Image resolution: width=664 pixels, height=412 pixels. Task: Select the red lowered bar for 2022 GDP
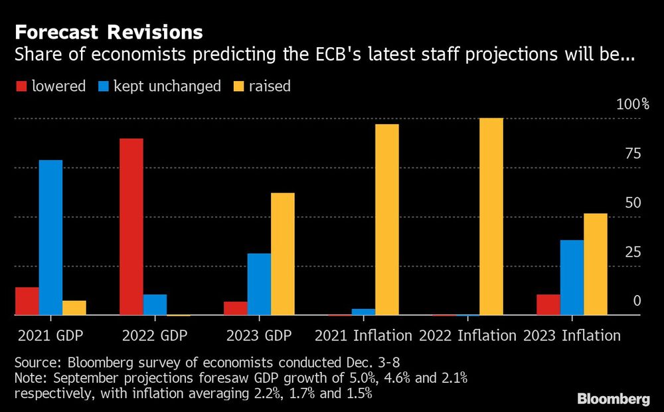131,227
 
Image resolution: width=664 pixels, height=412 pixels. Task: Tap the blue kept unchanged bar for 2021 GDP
50,237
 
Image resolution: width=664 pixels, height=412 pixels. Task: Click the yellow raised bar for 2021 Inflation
386,219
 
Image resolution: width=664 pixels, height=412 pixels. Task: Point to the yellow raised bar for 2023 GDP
282,254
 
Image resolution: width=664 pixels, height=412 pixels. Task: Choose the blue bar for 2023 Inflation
572,277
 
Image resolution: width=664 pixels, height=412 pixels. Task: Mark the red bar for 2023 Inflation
548,304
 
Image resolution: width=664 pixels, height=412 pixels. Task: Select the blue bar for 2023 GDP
259,284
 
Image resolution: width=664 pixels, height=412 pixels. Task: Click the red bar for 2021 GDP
27,301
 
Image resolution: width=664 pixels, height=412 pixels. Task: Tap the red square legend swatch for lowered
21,86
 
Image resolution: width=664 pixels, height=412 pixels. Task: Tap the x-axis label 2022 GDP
155,336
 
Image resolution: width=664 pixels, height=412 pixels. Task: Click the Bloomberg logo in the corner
613,399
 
